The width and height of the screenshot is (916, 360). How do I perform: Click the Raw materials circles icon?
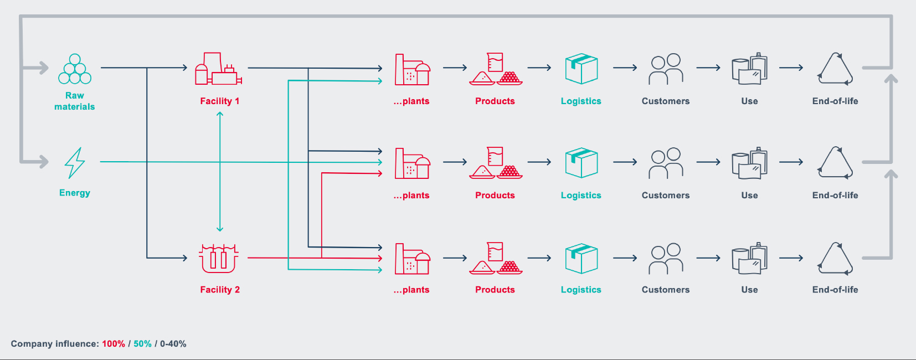[x=75, y=69]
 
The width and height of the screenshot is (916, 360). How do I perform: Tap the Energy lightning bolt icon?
[x=75, y=163]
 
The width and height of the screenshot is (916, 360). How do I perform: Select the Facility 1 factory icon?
[x=218, y=69]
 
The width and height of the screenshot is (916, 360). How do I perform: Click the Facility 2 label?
[x=220, y=290]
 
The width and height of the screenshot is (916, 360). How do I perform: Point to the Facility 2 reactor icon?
[x=219, y=258]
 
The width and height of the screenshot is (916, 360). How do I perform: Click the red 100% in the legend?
[x=114, y=344]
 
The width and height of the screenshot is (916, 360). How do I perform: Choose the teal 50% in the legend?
[x=142, y=344]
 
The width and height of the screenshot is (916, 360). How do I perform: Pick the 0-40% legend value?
[x=173, y=344]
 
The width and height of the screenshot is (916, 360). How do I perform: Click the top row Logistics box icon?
[x=581, y=69]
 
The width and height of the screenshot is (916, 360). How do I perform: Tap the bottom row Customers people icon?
[x=666, y=259]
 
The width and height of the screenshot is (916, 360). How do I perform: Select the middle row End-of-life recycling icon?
[x=835, y=163]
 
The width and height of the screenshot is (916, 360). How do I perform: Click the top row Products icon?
[x=495, y=69]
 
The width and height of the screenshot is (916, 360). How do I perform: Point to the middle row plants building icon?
[x=412, y=163]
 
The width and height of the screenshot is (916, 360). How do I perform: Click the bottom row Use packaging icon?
[x=749, y=258]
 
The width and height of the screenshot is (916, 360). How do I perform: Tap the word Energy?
[x=75, y=193]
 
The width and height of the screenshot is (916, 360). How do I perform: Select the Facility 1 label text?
[x=220, y=101]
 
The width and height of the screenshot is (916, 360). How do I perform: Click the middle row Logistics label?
[x=581, y=196]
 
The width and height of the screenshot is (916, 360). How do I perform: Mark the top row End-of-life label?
[x=835, y=101]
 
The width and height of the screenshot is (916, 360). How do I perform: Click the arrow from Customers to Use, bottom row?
[x=708, y=258]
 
